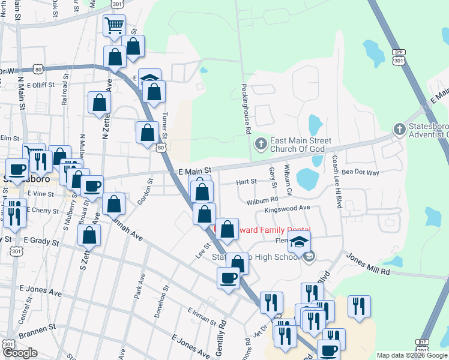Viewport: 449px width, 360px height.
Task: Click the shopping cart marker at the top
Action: tap(114, 26)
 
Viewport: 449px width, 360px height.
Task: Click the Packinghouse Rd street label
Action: tap(247, 104)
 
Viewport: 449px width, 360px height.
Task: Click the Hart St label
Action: tap(246, 181)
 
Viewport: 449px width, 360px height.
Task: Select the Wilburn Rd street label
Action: tap(262, 199)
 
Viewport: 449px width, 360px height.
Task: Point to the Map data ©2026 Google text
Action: tap(411, 355)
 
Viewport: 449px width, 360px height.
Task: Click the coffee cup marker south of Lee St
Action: tap(228, 278)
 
